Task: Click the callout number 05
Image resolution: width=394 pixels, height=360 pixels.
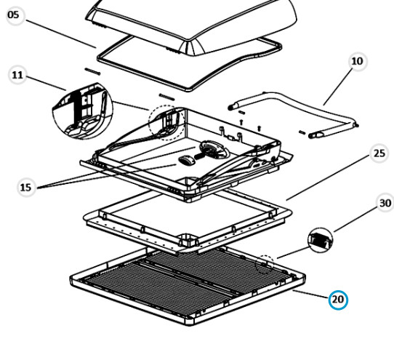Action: (14, 15)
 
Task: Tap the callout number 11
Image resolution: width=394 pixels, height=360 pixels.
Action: (17, 75)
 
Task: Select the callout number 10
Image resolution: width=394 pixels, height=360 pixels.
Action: (358, 61)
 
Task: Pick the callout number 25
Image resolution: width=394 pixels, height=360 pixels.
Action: (379, 153)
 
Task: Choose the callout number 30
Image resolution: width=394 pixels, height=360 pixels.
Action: (386, 203)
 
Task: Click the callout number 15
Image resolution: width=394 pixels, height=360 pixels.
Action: (26, 188)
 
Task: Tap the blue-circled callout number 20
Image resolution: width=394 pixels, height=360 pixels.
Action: (338, 300)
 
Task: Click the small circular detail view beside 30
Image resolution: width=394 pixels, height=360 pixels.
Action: (320, 240)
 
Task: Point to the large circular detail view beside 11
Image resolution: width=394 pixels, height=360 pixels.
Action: (83, 111)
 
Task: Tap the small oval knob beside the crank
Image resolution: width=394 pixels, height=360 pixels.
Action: (186, 160)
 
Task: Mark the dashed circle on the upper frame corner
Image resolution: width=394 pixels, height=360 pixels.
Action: (166, 122)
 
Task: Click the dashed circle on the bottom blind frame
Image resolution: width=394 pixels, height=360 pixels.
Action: (265, 264)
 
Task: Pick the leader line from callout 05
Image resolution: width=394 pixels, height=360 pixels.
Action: (61, 34)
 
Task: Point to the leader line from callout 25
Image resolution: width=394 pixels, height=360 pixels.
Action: (327, 178)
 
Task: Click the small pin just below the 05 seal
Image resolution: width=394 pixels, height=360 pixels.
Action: (93, 71)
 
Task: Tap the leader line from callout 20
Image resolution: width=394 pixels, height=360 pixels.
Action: (311, 294)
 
